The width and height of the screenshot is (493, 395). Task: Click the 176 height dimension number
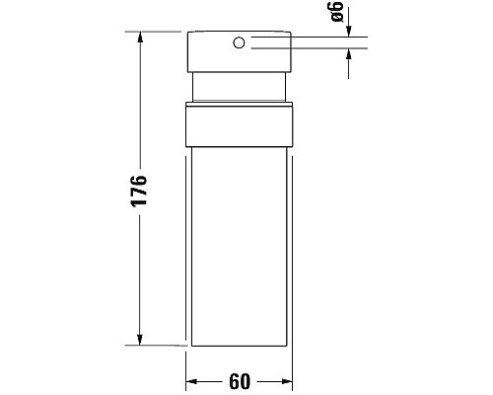pos(139,189)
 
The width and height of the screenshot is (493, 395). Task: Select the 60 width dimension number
pos(240,380)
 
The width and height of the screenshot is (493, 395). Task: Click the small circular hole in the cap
pos(239,42)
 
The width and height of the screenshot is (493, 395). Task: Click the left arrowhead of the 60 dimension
pos(194,380)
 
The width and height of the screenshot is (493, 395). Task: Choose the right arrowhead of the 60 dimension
pos(285,380)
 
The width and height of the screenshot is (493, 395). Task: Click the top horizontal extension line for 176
pos(158,33)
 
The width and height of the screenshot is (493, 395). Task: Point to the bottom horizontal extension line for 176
pos(158,347)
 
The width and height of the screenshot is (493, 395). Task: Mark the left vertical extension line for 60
pos(186,367)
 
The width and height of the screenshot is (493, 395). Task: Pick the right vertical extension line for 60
pos(293,367)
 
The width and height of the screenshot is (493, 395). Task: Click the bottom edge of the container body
pos(239,347)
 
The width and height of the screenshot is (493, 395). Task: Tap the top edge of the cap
pos(239,33)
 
